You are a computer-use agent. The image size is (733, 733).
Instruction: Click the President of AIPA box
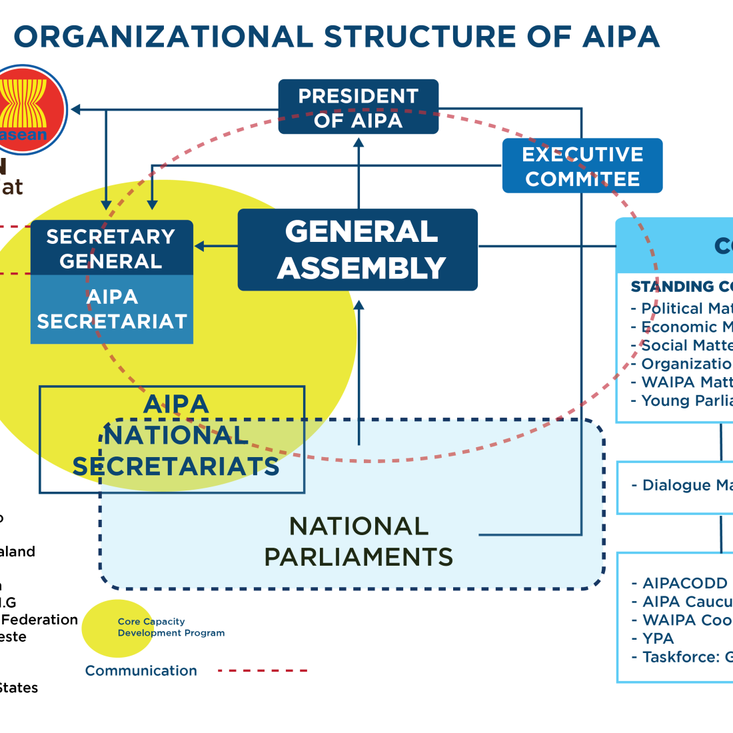pyautogui.click(x=358, y=107)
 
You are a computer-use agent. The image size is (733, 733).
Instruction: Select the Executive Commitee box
pyautogui.click(x=582, y=166)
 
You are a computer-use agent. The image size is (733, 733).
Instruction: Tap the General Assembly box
pyautogui.click(x=358, y=250)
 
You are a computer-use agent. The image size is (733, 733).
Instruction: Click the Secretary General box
pyautogui.click(x=111, y=248)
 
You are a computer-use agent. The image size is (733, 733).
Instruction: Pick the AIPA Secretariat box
pyautogui.click(x=111, y=309)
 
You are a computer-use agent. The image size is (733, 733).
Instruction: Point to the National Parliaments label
pyautogui.click(x=359, y=541)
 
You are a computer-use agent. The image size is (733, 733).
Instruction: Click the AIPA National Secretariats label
pyautogui.click(x=176, y=435)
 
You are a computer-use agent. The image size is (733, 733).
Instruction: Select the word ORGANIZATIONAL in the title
pyautogui.click(x=163, y=37)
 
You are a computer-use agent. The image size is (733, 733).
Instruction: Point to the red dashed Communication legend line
pyautogui.click(x=263, y=670)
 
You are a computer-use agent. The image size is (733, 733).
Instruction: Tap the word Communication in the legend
pyautogui.click(x=141, y=670)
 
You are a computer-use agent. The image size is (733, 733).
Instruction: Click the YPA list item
pyautogui.click(x=658, y=638)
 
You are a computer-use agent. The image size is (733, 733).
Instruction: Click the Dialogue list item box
pyautogui.click(x=676, y=486)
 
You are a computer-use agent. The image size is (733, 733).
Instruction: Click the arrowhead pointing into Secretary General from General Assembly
pyautogui.click(x=199, y=247)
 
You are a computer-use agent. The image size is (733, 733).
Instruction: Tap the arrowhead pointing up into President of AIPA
pyautogui.click(x=359, y=142)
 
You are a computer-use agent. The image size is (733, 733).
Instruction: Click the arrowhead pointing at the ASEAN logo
pyautogui.click(x=75, y=109)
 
